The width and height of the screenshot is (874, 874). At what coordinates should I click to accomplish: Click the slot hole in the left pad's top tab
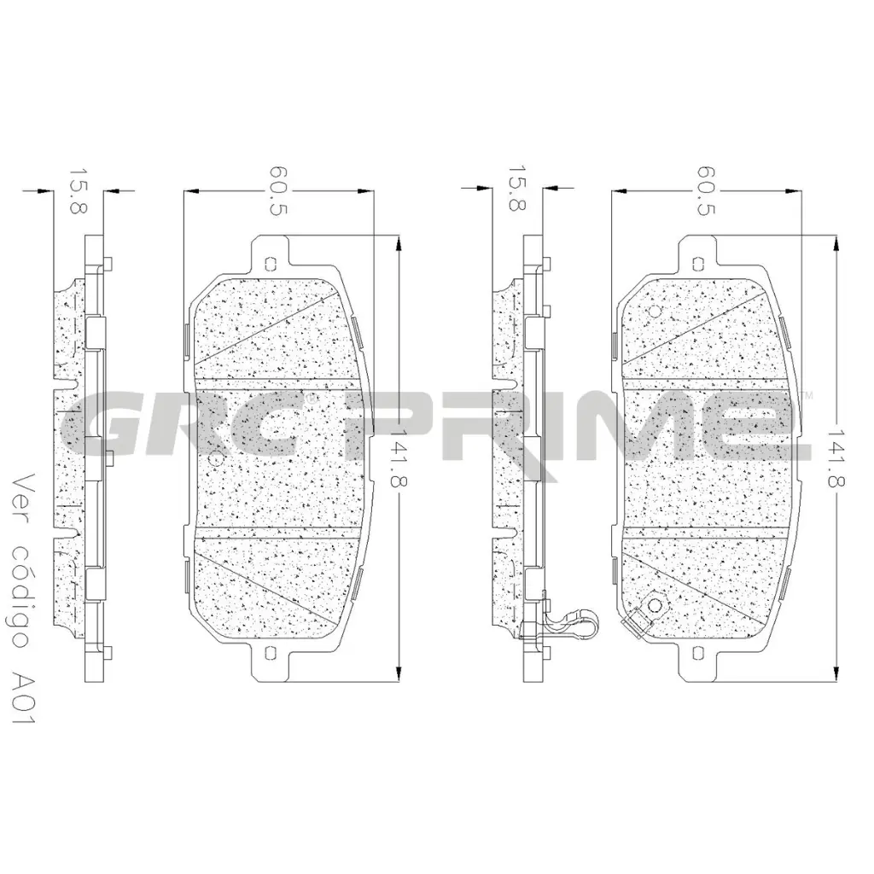tap(271, 264)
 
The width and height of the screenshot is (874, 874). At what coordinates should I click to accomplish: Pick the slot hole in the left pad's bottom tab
tap(271, 655)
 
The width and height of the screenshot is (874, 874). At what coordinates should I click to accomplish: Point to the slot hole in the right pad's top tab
tap(701, 264)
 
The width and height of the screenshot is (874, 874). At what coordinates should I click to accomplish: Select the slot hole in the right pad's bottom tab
tap(701, 655)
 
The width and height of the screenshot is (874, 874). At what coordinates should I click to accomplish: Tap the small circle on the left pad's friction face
tap(215, 459)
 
